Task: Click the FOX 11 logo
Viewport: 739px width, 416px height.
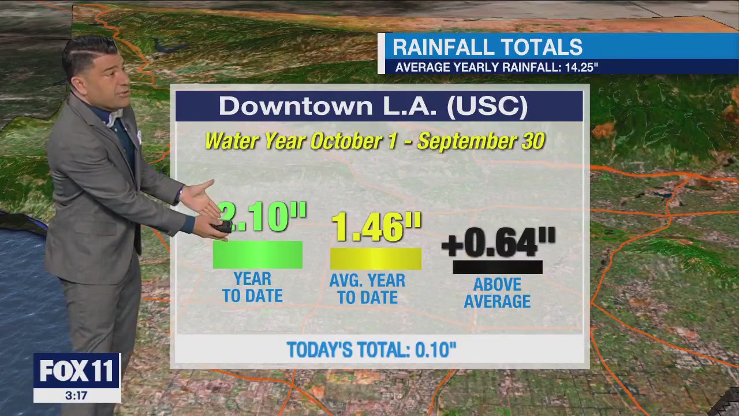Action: (x=76, y=370)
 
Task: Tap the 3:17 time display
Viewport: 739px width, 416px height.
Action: (x=76, y=396)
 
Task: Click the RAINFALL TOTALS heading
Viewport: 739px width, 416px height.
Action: (x=487, y=47)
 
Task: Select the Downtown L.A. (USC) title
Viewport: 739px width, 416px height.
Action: (x=373, y=106)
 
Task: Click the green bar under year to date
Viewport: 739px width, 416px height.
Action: (x=257, y=255)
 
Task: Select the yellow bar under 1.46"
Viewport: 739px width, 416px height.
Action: (x=375, y=258)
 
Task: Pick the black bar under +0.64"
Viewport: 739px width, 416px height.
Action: (x=497, y=267)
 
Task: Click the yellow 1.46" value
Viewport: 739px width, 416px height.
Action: (x=376, y=226)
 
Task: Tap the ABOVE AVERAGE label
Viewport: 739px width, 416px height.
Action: (x=497, y=293)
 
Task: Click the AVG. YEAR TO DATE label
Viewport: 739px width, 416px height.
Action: (x=367, y=289)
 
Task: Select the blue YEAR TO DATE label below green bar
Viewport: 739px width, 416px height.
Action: (x=252, y=287)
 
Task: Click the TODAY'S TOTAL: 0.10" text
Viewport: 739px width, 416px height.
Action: (x=371, y=350)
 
